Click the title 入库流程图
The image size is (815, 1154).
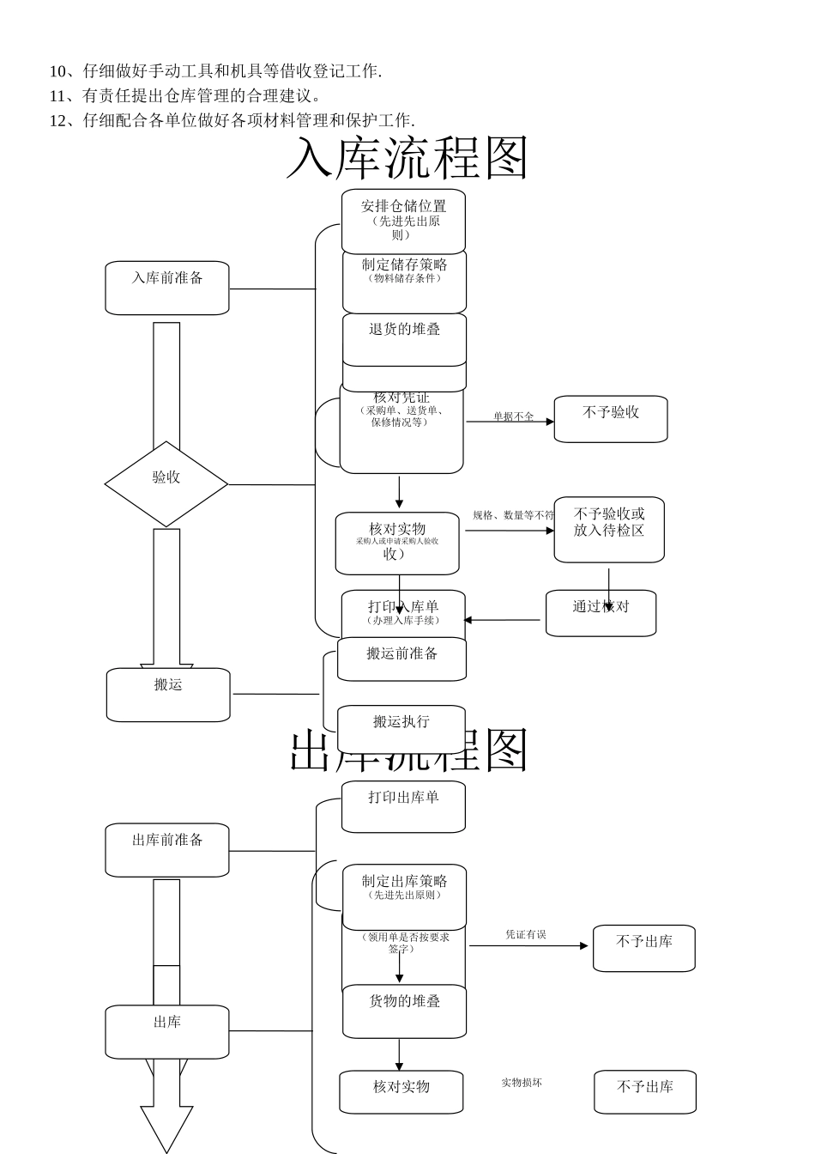[x=407, y=158]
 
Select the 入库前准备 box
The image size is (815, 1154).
[x=167, y=288]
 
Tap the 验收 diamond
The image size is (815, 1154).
[x=166, y=483]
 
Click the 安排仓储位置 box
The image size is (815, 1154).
[x=403, y=221]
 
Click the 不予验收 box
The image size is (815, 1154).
[x=610, y=419]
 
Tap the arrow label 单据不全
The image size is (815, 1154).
[x=513, y=416]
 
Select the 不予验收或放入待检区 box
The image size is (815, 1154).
[x=609, y=529]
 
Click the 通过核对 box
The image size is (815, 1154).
[x=601, y=612]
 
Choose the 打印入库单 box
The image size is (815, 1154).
[x=403, y=612]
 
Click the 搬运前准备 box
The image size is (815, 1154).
[x=401, y=659]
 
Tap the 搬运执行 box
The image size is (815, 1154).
[x=401, y=728]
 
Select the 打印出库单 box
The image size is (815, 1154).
[x=403, y=805]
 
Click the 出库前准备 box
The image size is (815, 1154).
[x=167, y=849]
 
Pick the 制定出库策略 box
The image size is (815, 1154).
[x=404, y=896]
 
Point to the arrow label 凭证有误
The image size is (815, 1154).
[x=525, y=934]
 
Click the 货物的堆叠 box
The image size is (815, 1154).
[x=404, y=1011]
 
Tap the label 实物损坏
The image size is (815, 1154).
[x=522, y=1083]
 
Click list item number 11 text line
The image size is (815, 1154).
[x=185, y=95]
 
